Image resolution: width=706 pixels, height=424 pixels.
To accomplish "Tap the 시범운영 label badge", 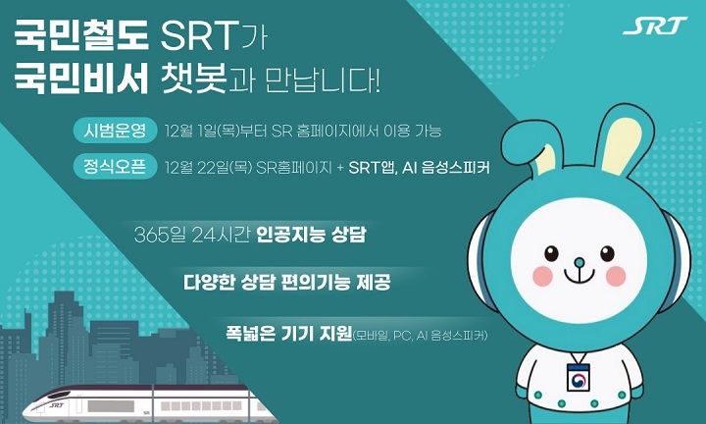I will (115, 131).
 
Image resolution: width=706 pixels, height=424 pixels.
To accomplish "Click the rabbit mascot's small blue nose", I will (579, 262).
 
